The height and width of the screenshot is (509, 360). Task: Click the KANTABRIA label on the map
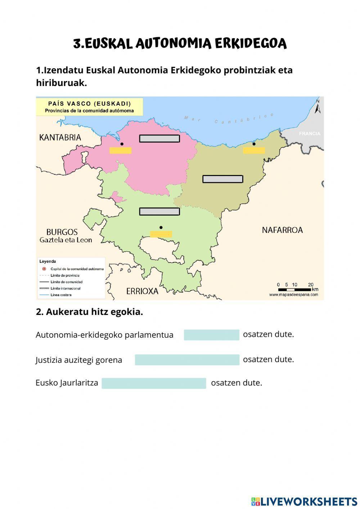pyautogui.click(x=60, y=138)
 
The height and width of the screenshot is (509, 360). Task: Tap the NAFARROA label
pyautogui.click(x=282, y=230)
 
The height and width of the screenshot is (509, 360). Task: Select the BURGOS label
pyautogui.click(x=62, y=232)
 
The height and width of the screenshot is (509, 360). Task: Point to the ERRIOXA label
pyautogui.click(x=142, y=291)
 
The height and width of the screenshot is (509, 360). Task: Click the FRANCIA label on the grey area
pyautogui.click(x=309, y=134)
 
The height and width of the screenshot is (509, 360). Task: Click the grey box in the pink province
pyautogui.click(x=159, y=139)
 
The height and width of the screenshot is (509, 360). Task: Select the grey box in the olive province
pyautogui.click(x=222, y=179)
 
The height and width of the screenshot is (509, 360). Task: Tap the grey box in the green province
pyautogui.click(x=159, y=212)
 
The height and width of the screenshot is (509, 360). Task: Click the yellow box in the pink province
pyautogui.click(x=120, y=150)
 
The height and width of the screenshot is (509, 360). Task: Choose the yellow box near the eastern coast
pyautogui.click(x=254, y=150)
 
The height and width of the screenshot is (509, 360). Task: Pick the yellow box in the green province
pyautogui.click(x=161, y=234)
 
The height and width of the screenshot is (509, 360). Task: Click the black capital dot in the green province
pyautogui.click(x=161, y=228)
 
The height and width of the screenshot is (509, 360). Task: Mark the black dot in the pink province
pyautogui.click(x=122, y=144)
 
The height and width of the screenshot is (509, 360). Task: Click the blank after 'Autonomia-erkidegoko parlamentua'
pyautogui.click(x=211, y=335)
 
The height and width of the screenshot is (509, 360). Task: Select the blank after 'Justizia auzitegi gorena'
pyautogui.click(x=187, y=360)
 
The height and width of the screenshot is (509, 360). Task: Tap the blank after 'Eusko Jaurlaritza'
pyautogui.click(x=154, y=383)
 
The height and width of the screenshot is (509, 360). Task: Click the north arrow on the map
pyautogui.click(x=318, y=106)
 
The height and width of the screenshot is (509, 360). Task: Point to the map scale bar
pyautogui.click(x=294, y=289)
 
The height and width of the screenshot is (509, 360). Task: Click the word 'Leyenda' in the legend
pyautogui.click(x=48, y=262)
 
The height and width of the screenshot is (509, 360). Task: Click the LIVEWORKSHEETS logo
pyautogui.click(x=304, y=501)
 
